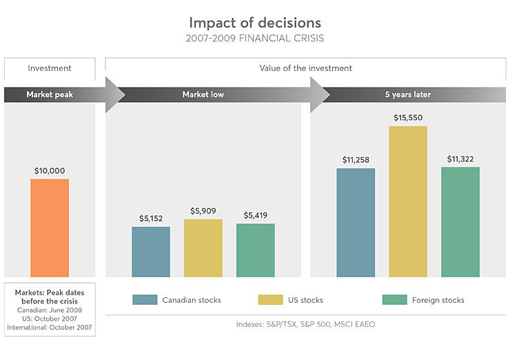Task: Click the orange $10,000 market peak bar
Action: tap(49, 228)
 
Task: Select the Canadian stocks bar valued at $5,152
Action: tap(151, 252)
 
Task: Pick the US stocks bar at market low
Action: tap(203, 248)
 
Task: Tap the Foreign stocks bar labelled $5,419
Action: tap(255, 250)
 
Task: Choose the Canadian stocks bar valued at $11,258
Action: tap(356, 222)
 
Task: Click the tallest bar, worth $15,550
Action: tap(408, 201)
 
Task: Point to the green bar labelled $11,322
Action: tap(460, 221)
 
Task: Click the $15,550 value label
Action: tap(408, 118)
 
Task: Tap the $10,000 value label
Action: tap(49, 170)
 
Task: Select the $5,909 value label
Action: tap(203, 211)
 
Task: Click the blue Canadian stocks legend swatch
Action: tap(145, 300)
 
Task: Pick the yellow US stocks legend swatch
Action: tap(270, 300)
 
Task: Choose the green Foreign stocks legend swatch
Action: tap(395, 300)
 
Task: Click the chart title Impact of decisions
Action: tap(254, 23)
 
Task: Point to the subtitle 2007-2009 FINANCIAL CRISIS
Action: tap(254, 39)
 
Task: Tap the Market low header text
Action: tap(203, 94)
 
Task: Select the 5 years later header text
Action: tap(407, 94)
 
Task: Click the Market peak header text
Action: tap(49, 94)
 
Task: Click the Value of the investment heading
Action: tap(305, 68)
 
